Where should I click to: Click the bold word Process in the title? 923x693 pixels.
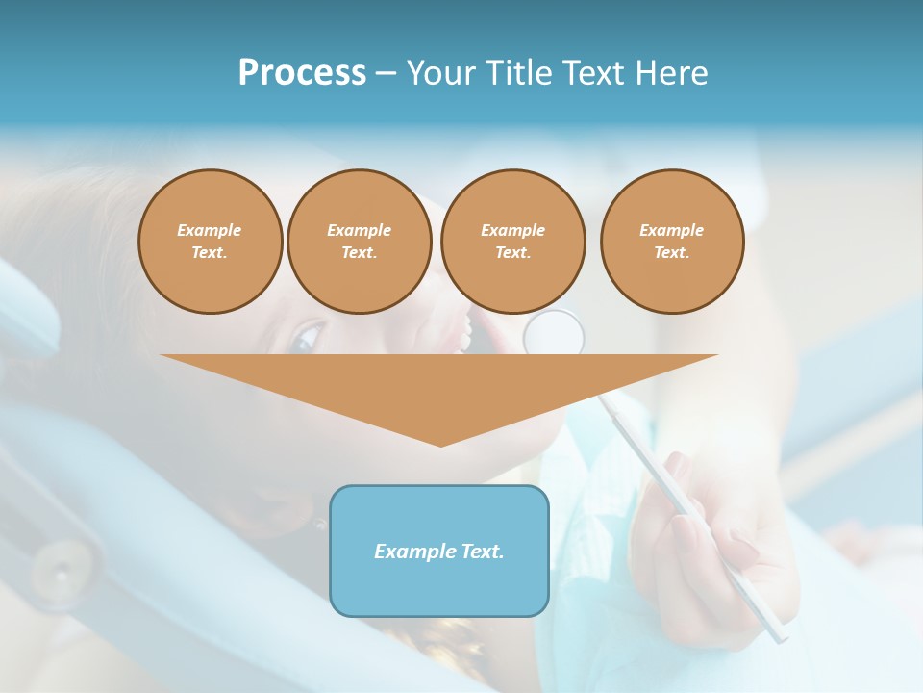click(x=302, y=73)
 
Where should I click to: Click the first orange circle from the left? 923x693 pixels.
click(x=210, y=242)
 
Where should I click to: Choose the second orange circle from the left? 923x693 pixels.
click(x=359, y=242)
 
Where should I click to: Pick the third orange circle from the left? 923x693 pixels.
click(x=512, y=242)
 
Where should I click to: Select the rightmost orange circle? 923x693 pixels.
click(x=672, y=242)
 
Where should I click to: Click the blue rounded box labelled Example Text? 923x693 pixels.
click(x=439, y=551)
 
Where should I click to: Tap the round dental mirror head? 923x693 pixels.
click(x=554, y=332)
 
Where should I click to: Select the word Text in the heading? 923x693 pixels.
click(x=591, y=73)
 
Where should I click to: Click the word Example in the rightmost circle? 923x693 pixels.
click(x=672, y=230)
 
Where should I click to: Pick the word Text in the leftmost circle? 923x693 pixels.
click(x=210, y=253)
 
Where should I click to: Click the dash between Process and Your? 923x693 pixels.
click(x=386, y=73)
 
